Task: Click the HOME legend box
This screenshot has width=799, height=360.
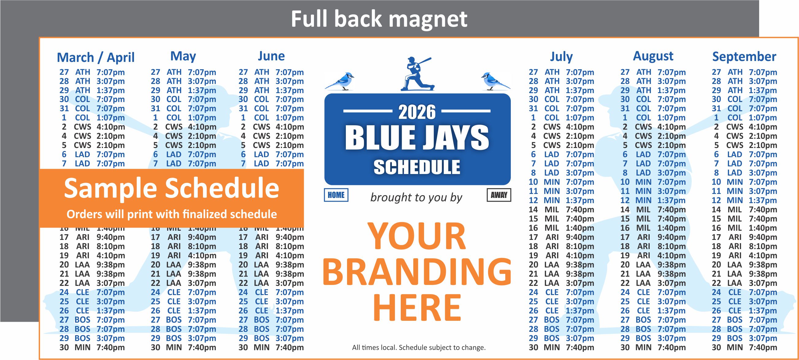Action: [336, 195]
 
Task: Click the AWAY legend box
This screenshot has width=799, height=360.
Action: [499, 195]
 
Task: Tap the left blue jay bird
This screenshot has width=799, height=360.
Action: [340, 81]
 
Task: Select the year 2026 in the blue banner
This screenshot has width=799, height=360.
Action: [417, 112]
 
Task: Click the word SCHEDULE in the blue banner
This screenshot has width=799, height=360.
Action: [417, 168]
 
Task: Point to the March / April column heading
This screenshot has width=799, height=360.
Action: [96, 57]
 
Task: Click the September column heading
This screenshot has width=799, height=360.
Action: [744, 57]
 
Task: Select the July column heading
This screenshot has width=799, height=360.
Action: [561, 57]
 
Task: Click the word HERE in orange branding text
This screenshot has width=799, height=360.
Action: [417, 308]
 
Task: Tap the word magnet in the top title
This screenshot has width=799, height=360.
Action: [428, 19]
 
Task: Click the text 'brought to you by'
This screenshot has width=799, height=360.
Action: [416, 197]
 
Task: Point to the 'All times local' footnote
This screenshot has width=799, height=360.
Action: [419, 348]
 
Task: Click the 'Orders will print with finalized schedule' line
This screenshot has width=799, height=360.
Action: [171, 214]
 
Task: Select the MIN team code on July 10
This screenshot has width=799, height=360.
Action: [552, 182]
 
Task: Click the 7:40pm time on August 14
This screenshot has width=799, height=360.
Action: [671, 210]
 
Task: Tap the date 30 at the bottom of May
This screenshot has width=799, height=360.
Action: [155, 348]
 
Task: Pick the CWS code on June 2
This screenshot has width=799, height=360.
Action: [262, 127]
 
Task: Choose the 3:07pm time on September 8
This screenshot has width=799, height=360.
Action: [763, 173]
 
